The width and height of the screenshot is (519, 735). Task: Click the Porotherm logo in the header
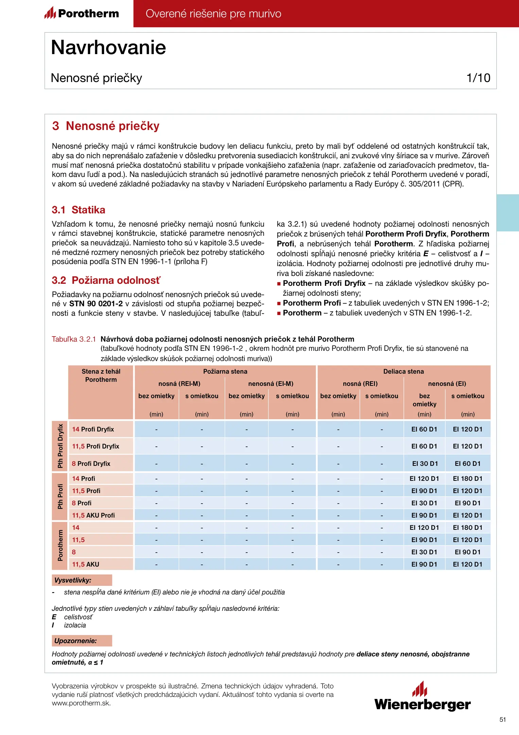[82, 13]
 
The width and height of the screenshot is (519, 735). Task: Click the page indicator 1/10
[478, 78]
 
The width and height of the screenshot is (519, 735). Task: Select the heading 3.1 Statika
[79, 210]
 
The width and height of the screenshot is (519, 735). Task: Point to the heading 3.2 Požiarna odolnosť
[106, 280]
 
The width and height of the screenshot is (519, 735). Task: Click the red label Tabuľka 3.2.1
[74, 339]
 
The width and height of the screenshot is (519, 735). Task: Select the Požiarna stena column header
[225, 371]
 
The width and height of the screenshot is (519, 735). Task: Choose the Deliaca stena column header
[403, 371]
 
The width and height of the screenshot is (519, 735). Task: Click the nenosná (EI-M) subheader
[271, 383]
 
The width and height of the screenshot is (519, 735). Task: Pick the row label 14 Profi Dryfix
[93, 429]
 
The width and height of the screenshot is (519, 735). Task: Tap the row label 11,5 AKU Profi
[93, 515]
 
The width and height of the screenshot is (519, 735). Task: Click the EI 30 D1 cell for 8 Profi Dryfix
[425, 463]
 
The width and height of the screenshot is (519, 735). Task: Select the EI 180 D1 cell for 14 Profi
[468, 478]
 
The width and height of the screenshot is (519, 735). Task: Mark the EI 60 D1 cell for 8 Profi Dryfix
[468, 463]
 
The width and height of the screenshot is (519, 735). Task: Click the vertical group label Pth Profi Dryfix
[60, 446]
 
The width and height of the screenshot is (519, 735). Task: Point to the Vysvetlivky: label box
[82, 580]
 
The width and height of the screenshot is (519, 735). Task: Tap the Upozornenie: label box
[82, 641]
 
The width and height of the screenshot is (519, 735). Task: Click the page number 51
[503, 719]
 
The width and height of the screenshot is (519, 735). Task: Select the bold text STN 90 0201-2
[96, 304]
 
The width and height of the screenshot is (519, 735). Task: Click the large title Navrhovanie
[108, 47]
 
